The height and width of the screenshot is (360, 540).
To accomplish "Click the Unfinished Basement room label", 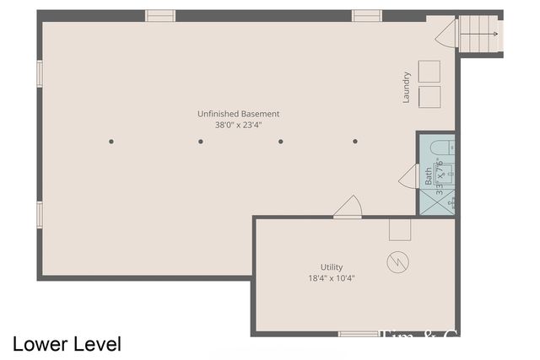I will pyautogui.click(x=239, y=114).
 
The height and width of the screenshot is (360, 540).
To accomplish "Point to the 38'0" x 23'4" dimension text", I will pyautogui.click(x=239, y=125).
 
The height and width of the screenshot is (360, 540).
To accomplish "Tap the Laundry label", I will pyautogui.click(x=407, y=87).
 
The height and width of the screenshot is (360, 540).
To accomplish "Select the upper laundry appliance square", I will pyautogui.click(x=430, y=71).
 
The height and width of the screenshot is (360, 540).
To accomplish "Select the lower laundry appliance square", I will pyautogui.click(x=430, y=95).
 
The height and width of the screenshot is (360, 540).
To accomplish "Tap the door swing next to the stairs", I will pyautogui.click(x=446, y=35).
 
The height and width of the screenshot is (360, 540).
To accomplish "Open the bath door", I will pyautogui.click(x=409, y=177).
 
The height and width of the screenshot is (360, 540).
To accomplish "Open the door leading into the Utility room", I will pyautogui.click(x=348, y=207).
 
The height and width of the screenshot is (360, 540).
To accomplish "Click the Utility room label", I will pyautogui.click(x=332, y=267).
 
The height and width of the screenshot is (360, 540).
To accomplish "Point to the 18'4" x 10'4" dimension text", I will pyautogui.click(x=332, y=278).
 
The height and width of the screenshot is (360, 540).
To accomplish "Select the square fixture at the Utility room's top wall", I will pyautogui.click(x=400, y=229).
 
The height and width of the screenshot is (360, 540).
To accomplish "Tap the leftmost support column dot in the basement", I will pyautogui.click(x=111, y=142).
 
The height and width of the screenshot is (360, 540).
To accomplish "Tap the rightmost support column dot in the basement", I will pyautogui.click(x=355, y=142).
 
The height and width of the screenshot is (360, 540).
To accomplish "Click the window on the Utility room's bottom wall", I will pyautogui.click(x=358, y=334).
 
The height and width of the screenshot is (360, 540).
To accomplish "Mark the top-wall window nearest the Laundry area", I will pyautogui.click(x=367, y=15).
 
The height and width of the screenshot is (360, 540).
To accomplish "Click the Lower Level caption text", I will pyautogui.click(x=67, y=344).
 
